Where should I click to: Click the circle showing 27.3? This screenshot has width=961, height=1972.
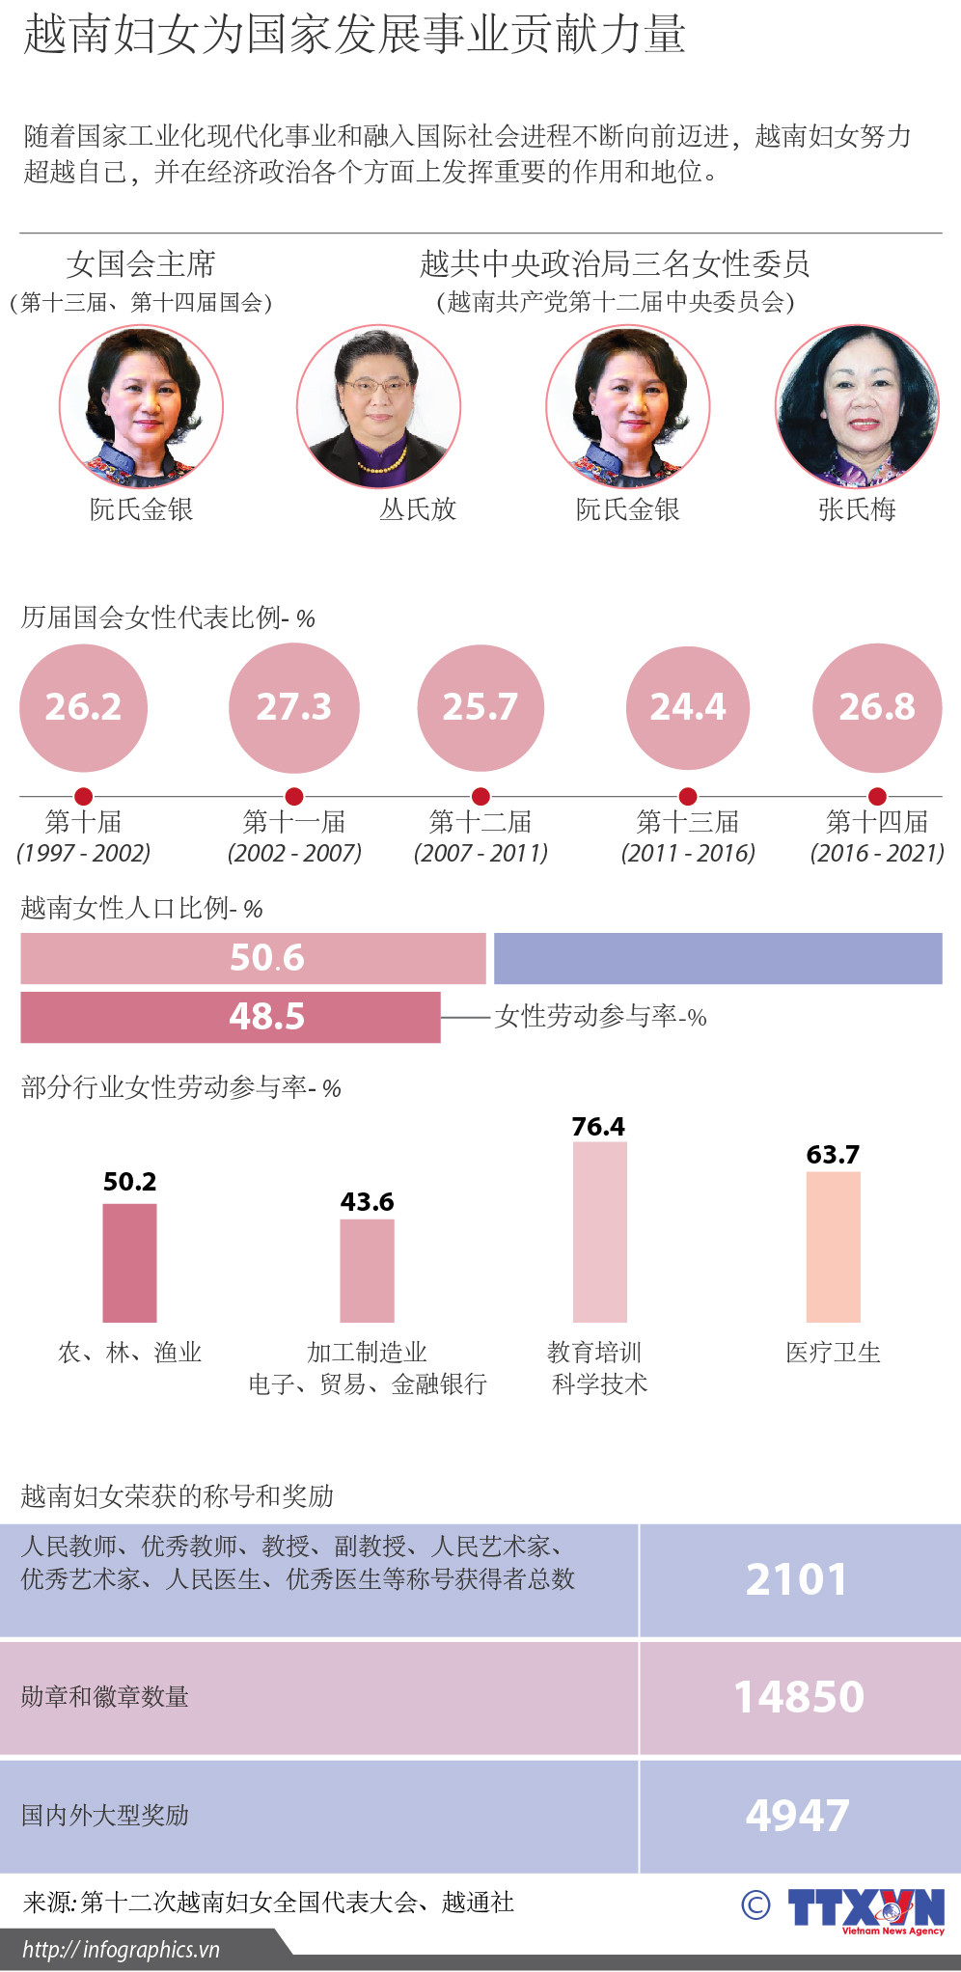point(294,707)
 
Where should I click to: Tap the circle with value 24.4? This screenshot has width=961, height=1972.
point(688,707)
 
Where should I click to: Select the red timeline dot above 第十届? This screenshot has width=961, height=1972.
point(84,797)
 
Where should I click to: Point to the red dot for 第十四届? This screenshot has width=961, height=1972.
point(877,797)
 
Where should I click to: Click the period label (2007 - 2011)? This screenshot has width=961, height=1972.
point(480,853)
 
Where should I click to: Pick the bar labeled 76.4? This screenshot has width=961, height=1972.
point(599,1231)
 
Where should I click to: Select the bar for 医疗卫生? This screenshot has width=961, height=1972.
point(833,1246)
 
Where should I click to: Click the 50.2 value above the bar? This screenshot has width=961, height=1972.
point(130,1182)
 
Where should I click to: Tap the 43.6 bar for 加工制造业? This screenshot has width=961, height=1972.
point(367,1270)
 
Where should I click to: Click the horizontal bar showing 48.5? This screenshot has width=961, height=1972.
point(230,1017)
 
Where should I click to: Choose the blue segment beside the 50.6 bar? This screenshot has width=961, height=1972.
point(718,958)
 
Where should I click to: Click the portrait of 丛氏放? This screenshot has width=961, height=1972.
point(378,406)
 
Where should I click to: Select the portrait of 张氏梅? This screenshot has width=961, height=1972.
point(857,406)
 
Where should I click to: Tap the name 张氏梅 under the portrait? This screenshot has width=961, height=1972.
point(857,509)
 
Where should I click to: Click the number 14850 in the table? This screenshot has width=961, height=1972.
point(799,1697)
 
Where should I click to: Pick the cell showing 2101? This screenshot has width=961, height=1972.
point(797,1579)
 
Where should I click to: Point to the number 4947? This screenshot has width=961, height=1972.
point(797,1816)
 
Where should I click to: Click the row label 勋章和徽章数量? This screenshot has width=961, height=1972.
point(105,1697)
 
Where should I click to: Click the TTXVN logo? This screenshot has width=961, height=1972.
point(865,1909)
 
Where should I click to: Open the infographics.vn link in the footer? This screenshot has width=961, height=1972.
point(122,1950)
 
